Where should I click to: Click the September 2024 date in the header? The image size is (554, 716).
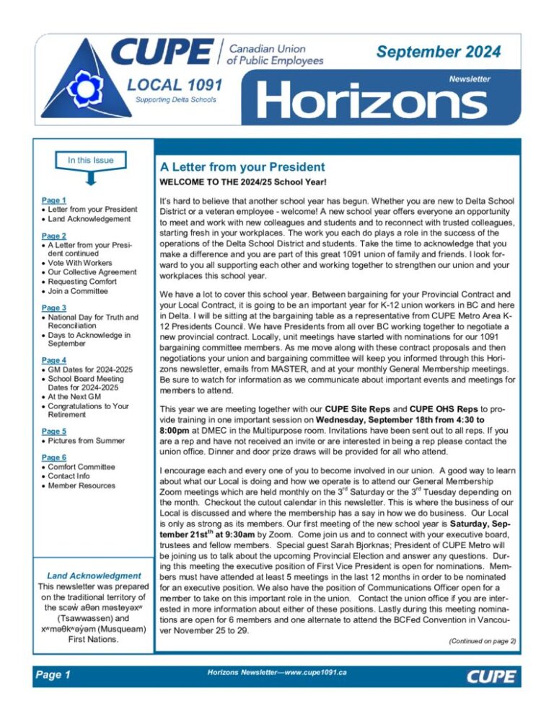tap(438, 52)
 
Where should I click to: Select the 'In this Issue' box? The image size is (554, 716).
tap(82, 159)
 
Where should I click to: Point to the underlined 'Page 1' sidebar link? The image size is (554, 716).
tap(54, 200)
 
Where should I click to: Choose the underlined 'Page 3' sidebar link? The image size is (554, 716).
tap(54, 307)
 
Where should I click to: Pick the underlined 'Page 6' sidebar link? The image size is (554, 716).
tap(54, 456)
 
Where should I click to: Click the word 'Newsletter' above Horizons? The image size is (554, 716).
tap(470, 79)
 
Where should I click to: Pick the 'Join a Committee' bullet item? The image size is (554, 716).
tap(81, 292)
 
